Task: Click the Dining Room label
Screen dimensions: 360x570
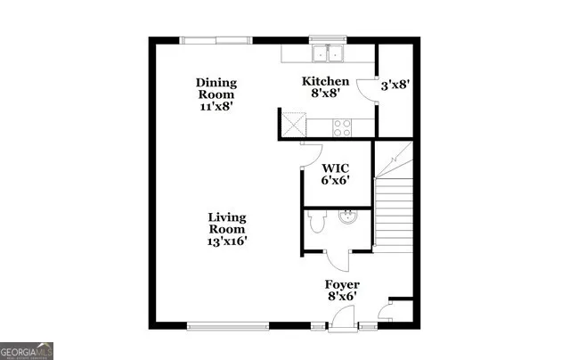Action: [x=216, y=89]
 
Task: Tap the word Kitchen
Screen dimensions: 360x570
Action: [x=324, y=82]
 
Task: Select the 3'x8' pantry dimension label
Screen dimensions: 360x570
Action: [x=394, y=86]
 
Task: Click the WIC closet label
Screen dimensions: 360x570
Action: [x=335, y=167]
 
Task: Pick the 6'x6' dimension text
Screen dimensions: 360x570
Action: [x=335, y=179]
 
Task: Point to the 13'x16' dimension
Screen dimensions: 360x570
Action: [x=227, y=240]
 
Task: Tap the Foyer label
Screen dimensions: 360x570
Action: [x=341, y=285]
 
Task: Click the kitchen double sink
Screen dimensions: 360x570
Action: [x=329, y=53]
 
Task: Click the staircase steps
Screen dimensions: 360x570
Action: [x=393, y=214]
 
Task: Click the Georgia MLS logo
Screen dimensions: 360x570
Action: [x=27, y=350]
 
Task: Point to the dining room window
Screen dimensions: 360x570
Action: [x=215, y=38]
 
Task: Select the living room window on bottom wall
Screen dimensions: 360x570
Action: [x=233, y=323]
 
